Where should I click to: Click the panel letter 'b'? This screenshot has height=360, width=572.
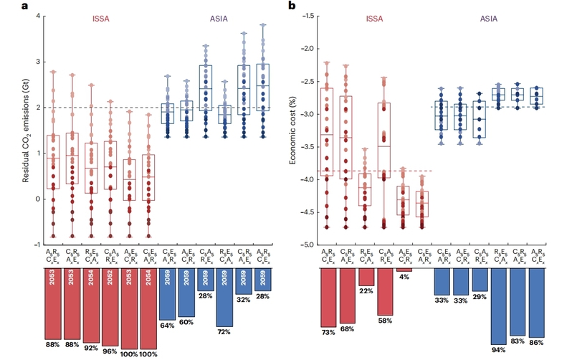tap(291, 6)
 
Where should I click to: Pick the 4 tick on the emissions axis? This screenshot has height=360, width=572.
tap(38, 16)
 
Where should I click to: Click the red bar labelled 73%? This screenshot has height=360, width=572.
tap(330, 298)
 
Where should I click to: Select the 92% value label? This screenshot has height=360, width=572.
tap(90, 347)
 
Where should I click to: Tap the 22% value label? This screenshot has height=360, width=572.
tap(367, 290)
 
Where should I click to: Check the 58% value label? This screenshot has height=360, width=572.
tap(386, 321)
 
